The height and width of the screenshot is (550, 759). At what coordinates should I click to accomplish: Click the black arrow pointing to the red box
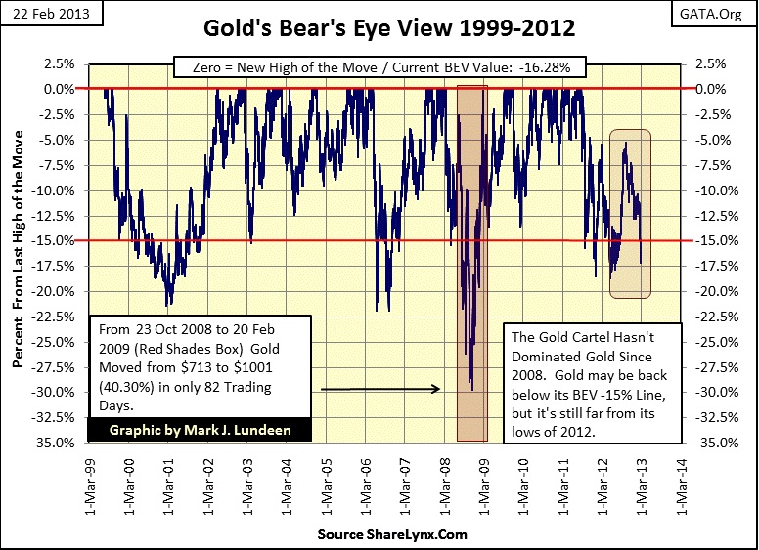pos(380,389)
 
